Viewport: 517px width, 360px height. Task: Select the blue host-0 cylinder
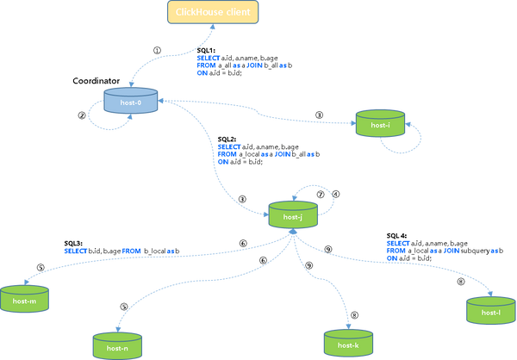coord(129,102)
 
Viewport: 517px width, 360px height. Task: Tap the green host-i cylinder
coord(380,122)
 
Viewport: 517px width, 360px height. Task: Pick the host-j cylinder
coord(293,214)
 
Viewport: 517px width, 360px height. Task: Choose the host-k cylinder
coord(348,342)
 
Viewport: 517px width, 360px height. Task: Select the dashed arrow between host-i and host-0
coord(258,110)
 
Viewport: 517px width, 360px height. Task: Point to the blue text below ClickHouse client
coord(241,65)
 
